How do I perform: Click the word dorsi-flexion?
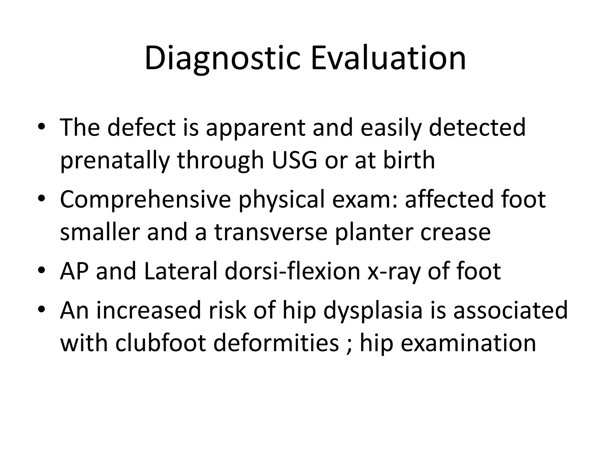click(292, 271)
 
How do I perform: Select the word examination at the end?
click(468, 343)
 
